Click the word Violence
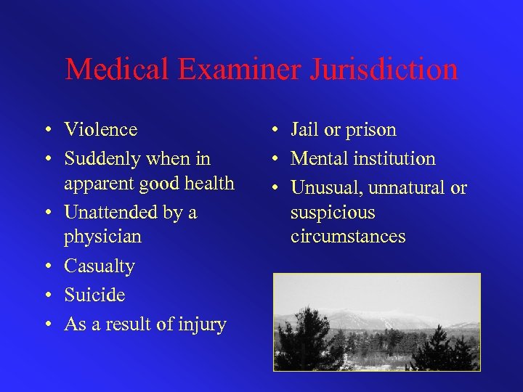(100, 130)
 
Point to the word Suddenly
(105, 158)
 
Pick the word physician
(102, 237)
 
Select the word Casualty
(100, 266)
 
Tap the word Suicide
(94, 295)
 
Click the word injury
(201, 324)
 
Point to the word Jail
(304, 130)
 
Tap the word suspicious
(332, 213)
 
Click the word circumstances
(348, 237)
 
